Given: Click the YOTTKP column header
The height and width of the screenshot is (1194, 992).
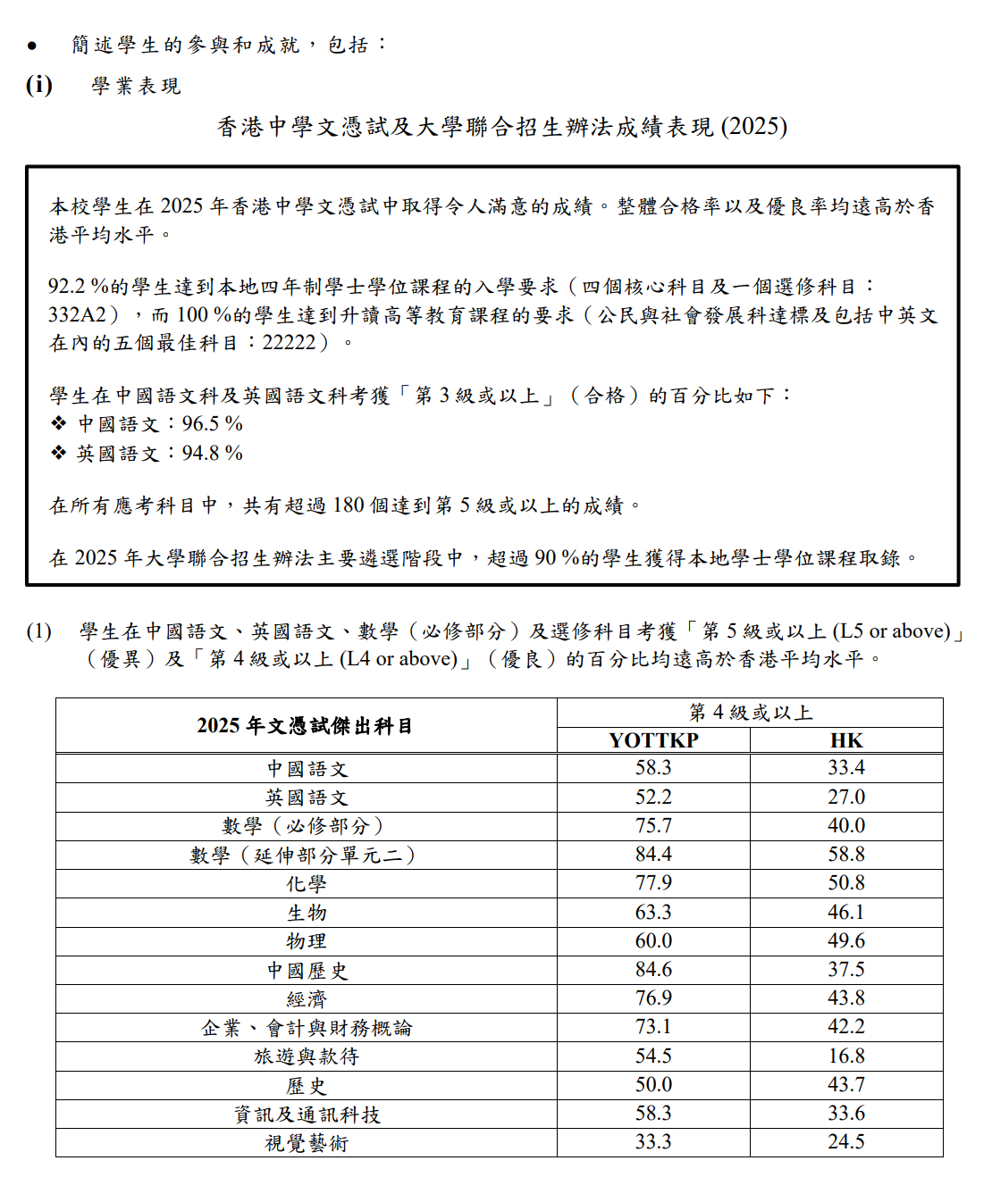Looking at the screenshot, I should click(x=653, y=740).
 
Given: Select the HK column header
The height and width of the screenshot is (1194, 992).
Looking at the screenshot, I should click(x=846, y=740).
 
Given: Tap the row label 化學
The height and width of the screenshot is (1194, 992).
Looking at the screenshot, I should click(x=307, y=884).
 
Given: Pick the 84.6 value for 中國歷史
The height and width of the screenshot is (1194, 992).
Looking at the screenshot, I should click(x=653, y=970).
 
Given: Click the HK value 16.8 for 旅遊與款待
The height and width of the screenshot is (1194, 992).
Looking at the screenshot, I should click(x=846, y=1056).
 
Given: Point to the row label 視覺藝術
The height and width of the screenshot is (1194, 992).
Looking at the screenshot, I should click(x=307, y=1143).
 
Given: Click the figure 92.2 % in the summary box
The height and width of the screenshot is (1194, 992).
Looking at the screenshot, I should click(x=78, y=287).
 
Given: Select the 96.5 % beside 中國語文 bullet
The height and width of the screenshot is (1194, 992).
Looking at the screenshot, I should click(x=213, y=423).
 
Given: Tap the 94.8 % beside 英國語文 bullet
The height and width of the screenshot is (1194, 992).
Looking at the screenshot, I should click(x=213, y=453).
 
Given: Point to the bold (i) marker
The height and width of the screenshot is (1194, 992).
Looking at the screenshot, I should click(x=39, y=85).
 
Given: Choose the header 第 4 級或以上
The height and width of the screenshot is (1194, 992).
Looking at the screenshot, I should click(x=750, y=713).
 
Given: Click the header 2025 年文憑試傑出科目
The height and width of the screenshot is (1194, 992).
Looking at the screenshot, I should click(x=306, y=726).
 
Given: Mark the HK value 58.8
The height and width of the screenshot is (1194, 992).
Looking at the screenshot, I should click(x=846, y=855).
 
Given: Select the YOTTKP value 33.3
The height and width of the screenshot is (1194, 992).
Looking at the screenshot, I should click(x=653, y=1142).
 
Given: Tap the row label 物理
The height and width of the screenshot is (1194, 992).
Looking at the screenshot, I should click(x=307, y=941).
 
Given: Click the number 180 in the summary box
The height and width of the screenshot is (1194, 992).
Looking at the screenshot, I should click(x=349, y=505).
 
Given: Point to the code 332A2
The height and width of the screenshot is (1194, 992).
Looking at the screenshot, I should click(x=78, y=315).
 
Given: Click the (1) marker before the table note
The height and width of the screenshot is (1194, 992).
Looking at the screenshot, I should click(x=39, y=631).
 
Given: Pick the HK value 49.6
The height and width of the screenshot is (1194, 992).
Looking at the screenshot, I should click(x=846, y=941).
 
